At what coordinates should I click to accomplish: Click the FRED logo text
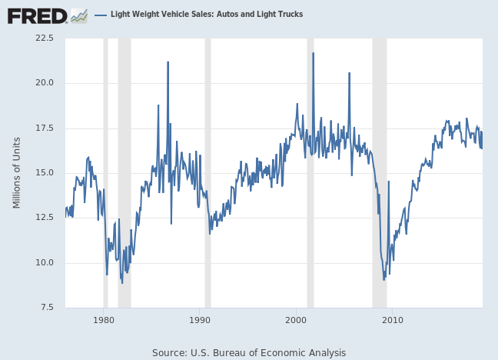pos(36,15)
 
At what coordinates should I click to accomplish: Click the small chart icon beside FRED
pos(78,15)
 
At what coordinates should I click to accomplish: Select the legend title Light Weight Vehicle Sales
pos(207,15)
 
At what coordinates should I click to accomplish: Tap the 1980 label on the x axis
pos(104,320)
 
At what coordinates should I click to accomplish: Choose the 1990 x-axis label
pos(200,320)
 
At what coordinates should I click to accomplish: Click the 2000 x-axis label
pos(297,320)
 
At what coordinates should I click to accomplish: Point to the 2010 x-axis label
pos(393,320)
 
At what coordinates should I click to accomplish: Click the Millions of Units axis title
pos(17,173)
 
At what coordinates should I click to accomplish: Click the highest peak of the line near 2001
pos(313,53)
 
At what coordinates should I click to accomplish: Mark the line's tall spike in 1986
pos(168,62)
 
